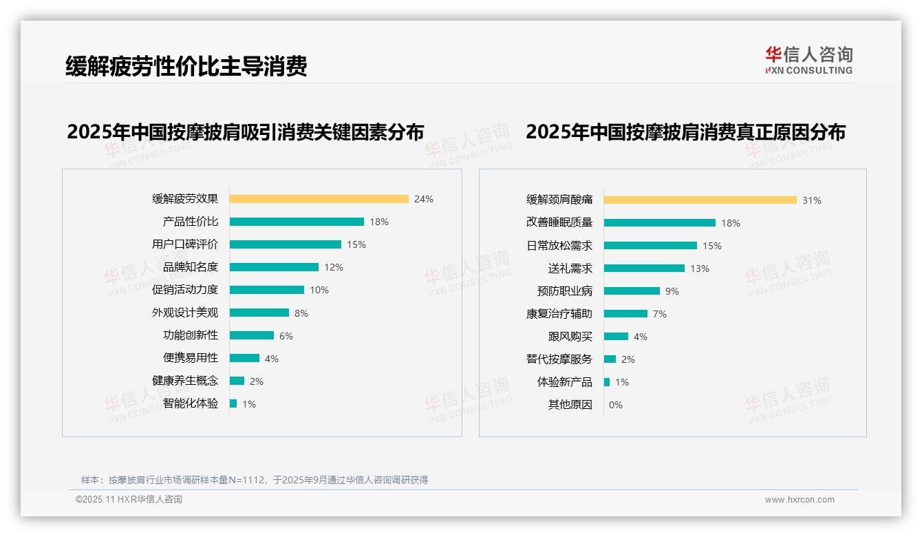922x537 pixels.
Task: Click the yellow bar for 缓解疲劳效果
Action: click(319, 199)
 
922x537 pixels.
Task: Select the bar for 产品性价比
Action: click(297, 222)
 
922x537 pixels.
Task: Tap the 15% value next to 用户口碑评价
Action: click(356, 244)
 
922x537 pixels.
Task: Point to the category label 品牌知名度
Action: click(191, 267)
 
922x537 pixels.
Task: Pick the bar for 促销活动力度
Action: click(266, 290)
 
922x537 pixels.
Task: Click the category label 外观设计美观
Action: click(185, 313)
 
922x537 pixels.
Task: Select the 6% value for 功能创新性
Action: click(286, 336)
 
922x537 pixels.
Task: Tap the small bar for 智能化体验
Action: click(233, 403)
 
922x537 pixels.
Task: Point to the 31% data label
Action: click(812, 200)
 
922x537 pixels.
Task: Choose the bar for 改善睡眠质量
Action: click(660, 222)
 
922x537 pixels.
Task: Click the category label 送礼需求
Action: click(570, 268)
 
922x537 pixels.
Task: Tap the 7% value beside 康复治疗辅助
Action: click(660, 314)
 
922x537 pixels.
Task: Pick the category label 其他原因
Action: click(570, 405)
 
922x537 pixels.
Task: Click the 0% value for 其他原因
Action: click(616, 405)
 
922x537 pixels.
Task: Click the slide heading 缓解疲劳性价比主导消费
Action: click(186, 66)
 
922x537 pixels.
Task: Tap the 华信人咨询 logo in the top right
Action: click(808, 60)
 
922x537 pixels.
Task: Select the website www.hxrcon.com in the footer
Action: click(800, 500)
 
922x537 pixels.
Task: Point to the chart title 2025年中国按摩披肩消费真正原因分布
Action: click(685, 131)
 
